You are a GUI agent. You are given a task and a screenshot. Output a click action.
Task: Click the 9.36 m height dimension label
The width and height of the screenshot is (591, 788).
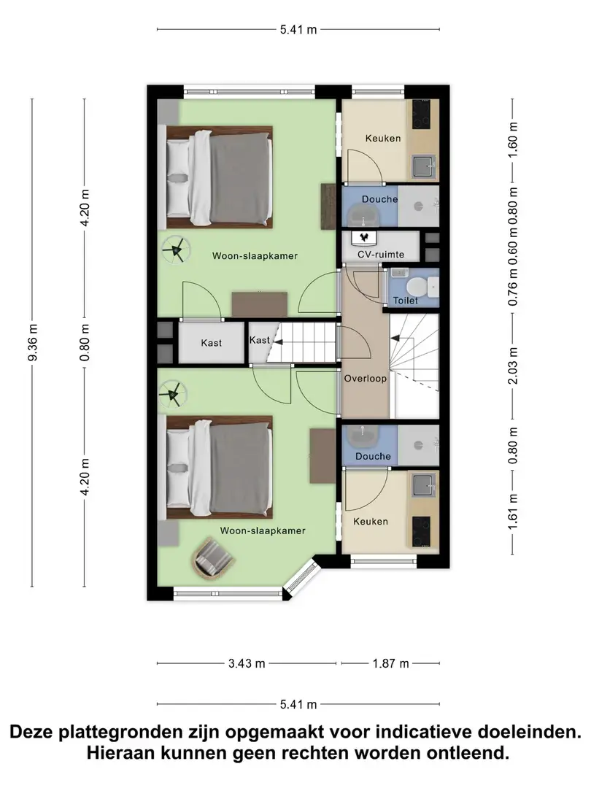[33, 342]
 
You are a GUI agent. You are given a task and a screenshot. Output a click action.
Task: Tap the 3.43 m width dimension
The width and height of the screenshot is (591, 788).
[247, 663]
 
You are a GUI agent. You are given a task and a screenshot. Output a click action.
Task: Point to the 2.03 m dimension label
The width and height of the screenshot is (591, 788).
[513, 366]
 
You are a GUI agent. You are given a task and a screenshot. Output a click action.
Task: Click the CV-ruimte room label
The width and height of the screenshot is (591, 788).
[381, 255]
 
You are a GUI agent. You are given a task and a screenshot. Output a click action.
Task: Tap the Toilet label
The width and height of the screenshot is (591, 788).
[406, 301]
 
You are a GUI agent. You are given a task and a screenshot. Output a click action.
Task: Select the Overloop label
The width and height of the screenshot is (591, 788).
[366, 379]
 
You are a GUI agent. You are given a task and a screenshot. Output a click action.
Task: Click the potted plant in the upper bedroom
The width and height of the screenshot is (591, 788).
[176, 249]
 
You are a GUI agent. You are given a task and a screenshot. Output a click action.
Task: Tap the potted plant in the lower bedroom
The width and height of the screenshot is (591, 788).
[173, 393]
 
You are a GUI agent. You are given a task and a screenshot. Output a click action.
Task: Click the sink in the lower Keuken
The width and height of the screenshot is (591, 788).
[422, 486]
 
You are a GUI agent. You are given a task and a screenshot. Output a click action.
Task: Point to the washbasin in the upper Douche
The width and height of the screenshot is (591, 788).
[364, 215]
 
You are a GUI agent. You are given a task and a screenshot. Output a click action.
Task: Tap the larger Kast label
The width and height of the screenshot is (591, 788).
[211, 343]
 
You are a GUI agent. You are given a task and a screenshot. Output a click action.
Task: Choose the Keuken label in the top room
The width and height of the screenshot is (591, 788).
[383, 138]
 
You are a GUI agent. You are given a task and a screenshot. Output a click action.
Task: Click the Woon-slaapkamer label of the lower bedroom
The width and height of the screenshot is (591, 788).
[263, 530]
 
